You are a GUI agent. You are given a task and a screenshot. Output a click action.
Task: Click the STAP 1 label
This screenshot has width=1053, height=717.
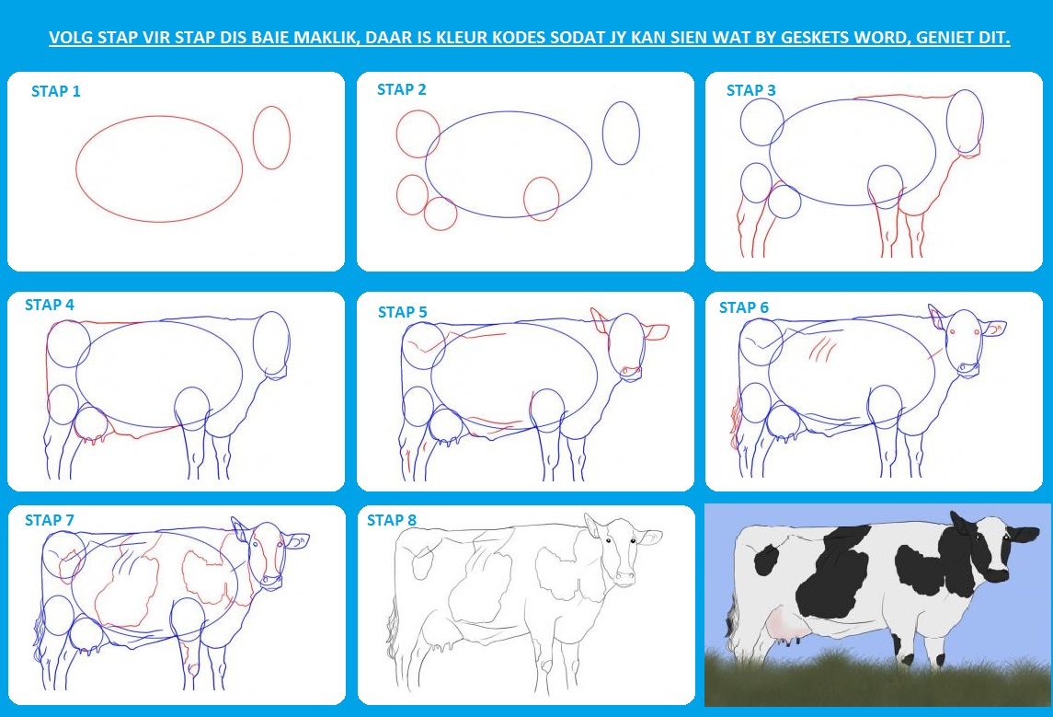56,91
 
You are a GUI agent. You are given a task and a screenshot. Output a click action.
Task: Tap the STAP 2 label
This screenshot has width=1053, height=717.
402,89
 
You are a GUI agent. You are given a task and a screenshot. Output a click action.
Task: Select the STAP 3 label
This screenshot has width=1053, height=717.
750,90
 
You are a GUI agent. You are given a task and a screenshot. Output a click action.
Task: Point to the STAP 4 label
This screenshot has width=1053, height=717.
50,305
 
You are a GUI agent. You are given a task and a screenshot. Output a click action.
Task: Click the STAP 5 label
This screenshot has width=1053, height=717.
402,312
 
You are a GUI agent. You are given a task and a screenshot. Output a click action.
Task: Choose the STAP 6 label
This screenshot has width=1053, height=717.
744,307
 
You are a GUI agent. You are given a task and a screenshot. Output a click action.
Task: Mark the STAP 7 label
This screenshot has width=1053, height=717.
50,520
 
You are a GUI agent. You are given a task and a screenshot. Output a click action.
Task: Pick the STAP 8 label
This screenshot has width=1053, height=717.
392,520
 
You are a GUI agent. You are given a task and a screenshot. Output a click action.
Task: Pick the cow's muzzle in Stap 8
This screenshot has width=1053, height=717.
624,576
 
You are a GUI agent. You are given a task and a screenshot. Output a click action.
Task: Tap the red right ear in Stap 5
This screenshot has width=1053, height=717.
657,332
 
